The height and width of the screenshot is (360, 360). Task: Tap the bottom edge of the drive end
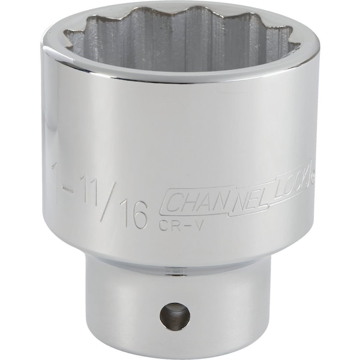pyautogui.click(x=174, y=350)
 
